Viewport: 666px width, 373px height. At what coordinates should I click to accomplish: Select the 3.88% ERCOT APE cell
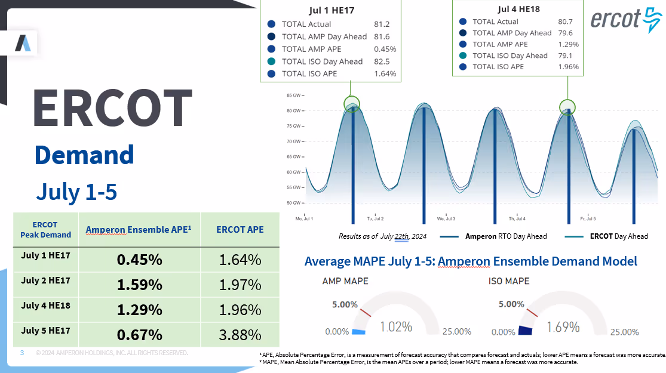240,334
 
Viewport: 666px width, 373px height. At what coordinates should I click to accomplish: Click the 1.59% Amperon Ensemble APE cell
139,285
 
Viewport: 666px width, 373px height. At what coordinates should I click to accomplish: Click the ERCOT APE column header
240,229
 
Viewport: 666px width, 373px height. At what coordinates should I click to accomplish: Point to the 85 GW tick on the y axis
293,95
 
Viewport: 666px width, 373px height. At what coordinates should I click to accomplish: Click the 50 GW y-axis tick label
293,203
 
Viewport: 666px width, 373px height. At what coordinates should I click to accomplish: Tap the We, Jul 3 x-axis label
446,219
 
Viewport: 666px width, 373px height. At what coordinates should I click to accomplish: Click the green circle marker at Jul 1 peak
352,103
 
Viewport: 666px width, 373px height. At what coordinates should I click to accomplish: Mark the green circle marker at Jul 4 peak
567,107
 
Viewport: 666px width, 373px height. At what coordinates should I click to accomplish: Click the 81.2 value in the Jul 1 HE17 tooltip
381,24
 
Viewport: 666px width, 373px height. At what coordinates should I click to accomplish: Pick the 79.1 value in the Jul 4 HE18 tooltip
563,56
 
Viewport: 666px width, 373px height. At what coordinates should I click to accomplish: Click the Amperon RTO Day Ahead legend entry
493,236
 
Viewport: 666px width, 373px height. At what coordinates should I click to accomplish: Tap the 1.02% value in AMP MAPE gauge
397,326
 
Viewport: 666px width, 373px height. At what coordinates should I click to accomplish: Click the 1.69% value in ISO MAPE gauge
563,327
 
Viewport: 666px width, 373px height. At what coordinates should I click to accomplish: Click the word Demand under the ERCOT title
84,155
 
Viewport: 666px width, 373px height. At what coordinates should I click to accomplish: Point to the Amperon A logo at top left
23,43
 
